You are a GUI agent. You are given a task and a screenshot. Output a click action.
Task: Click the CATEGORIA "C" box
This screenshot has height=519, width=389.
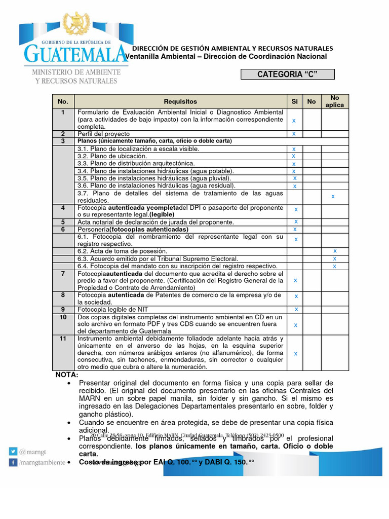point(287,75)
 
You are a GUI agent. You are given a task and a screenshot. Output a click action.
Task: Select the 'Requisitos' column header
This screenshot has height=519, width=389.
point(180,101)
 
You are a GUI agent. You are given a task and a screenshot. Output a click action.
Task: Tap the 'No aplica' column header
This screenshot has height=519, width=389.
point(334,101)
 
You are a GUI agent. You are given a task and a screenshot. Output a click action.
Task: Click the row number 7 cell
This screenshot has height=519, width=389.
point(63,274)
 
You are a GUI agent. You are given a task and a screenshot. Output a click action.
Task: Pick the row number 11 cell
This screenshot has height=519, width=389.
point(63,338)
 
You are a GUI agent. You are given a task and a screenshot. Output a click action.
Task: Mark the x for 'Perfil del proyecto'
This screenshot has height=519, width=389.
point(294,134)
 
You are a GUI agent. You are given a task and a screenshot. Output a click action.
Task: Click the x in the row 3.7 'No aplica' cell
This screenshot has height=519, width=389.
point(333,196)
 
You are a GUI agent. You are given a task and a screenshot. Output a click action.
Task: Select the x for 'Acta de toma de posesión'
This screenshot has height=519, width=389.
point(334,251)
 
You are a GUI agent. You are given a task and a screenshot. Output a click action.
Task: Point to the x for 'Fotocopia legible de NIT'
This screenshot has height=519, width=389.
point(296,309)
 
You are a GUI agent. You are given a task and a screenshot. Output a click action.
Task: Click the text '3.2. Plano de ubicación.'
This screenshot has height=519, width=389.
point(112,156)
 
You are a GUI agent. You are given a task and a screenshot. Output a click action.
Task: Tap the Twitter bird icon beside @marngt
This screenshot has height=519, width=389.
point(12,451)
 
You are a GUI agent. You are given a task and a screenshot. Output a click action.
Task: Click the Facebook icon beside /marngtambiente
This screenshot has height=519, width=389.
point(12,462)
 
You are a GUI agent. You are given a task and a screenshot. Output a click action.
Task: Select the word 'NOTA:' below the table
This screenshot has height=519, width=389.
point(67,375)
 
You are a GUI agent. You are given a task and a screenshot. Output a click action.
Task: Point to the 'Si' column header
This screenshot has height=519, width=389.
point(294,101)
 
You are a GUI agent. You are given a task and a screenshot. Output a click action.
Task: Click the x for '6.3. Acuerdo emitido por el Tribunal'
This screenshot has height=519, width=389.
point(334,258)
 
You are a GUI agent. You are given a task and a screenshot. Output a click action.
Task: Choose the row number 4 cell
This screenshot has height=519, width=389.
point(63,208)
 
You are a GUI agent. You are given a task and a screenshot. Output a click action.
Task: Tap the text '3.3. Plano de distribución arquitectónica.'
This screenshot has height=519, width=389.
point(136,163)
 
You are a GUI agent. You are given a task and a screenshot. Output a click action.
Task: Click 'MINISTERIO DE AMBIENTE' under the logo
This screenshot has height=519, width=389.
point(76,72)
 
